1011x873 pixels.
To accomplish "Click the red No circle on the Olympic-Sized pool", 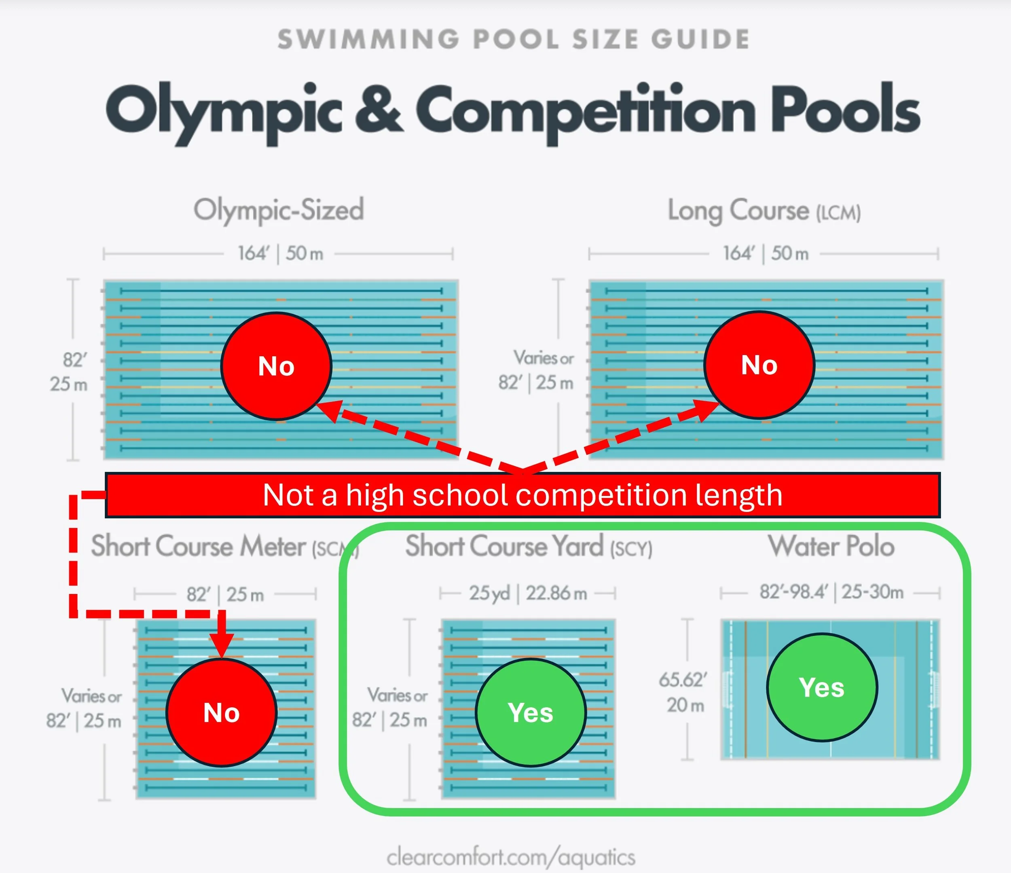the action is coord(277,366).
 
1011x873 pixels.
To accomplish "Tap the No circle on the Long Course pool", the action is coord(759,364).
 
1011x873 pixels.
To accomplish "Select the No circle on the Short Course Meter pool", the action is coord(222,712).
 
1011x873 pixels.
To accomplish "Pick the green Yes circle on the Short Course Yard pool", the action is coord(531,712).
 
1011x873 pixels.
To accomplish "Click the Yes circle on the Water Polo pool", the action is coord(822,687).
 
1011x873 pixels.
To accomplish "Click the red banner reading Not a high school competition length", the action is coord(522,495).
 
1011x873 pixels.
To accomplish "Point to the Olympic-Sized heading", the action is coord(279,210).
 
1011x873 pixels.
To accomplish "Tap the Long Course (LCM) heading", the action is coord(764,211).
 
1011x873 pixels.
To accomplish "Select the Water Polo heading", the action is coord(831,545).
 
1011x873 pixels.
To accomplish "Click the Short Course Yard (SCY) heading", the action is coord(529,546).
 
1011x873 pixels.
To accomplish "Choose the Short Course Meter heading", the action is coord(225,546).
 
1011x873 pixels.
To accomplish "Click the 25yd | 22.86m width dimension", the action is coord(528,593).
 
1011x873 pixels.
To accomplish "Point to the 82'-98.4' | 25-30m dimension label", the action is coord(831,592).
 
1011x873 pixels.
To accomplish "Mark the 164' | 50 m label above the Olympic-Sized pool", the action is coord(281,253).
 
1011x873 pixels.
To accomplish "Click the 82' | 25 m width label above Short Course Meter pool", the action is coord(225,594).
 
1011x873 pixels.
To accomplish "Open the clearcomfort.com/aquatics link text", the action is coord(511,857).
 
